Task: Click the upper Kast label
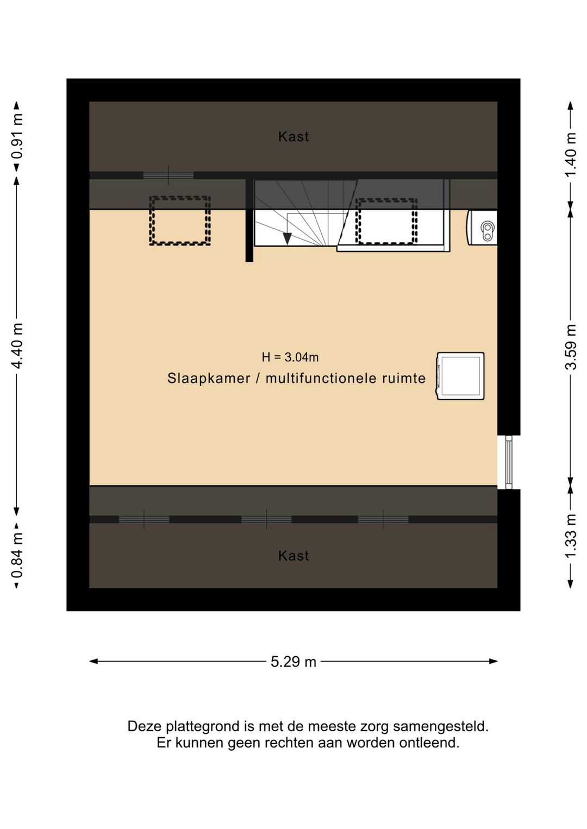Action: click(293, 137)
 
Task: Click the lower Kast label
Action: click(293, 556)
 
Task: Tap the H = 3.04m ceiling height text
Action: click(290, 357)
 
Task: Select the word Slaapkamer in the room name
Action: click(209, 379)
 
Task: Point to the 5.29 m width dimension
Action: click(293, 662)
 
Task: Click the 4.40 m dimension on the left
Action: click(17, 346)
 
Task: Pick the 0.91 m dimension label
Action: click(17, 136)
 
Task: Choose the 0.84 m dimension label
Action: click(17, 555)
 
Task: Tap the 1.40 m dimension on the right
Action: click(570, 154)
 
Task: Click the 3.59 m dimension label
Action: click(570, 347)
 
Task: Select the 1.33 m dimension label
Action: click(570, 536)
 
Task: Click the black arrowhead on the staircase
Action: click(287, 238)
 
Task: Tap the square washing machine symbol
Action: click(460, 376)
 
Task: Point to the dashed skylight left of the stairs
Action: click(180, 221)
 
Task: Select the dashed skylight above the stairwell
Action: click(386, 222)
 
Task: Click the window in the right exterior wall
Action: click(508, 462)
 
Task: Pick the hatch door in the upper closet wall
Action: click(168, 175)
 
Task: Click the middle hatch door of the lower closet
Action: click(266, 519)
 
